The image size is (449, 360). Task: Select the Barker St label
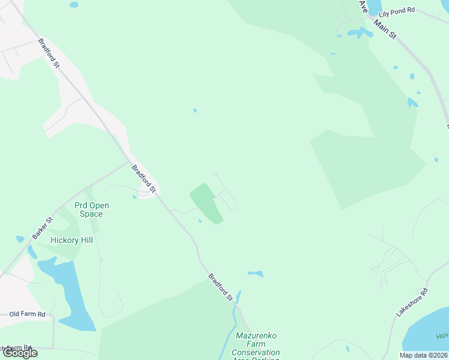[43, 228]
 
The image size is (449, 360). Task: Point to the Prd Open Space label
[92, 209]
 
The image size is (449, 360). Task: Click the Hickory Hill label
[71, 240]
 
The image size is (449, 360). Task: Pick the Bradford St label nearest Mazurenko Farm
[220, 287]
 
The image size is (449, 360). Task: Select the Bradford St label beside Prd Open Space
[143, 179]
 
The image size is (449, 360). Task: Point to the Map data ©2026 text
[423, 355]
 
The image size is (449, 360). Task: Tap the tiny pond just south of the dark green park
[200, 221]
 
